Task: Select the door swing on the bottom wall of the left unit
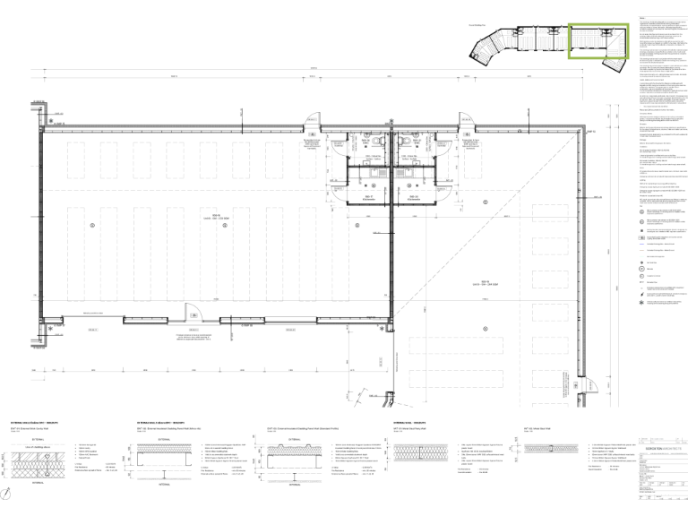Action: tap(190, 311)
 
